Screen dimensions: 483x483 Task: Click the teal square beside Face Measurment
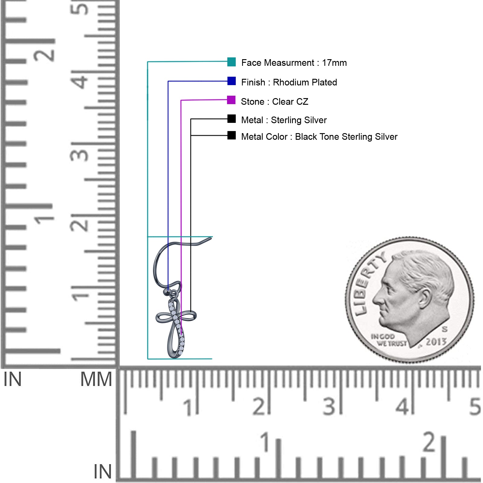[232, 62]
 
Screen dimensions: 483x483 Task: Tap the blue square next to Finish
[232, 81]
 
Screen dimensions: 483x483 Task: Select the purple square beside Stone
[231, 100]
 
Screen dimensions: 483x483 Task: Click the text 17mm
[334, 63]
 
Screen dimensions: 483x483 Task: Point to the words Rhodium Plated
[305, 82]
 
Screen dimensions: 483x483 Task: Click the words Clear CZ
[290, 102]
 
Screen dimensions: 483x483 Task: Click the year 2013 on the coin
[436, 342]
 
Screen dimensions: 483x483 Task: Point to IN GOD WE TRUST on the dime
[388, 340]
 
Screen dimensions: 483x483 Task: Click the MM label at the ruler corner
[96, 379]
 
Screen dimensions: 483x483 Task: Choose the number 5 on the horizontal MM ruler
[475, 407]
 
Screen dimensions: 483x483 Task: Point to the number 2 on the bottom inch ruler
[429, 442]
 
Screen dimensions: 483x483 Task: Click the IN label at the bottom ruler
[103, 472]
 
